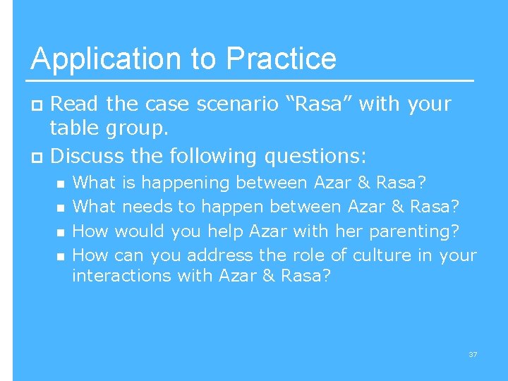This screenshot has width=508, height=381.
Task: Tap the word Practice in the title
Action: point(283,59)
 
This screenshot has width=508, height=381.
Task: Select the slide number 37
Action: point(473,354)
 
